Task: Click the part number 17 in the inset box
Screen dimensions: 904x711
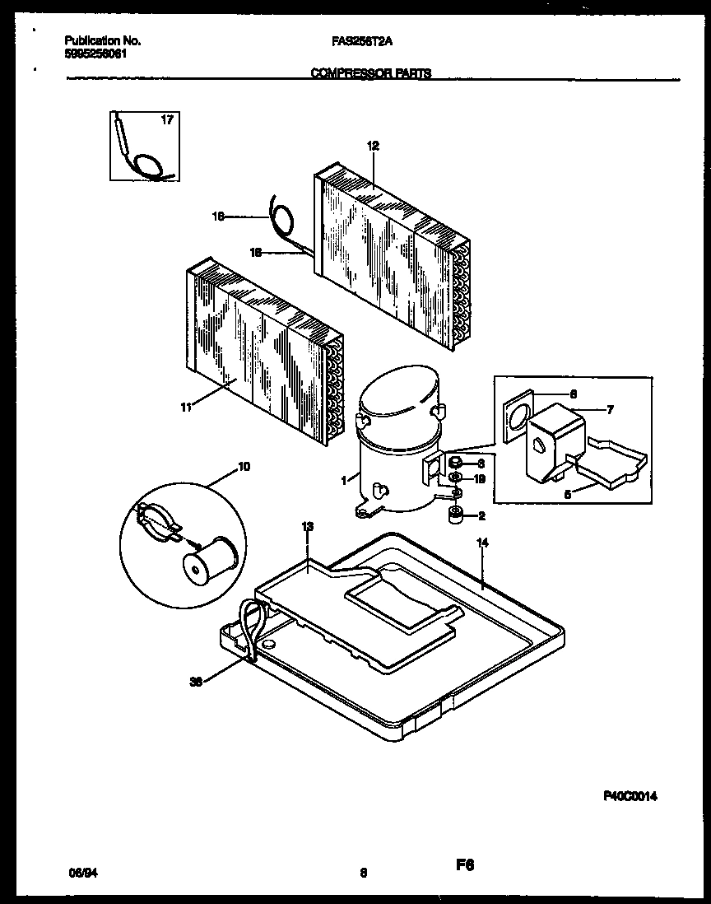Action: [x=167, y=121]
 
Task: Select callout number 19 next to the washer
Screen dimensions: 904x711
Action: [x=480, y=478]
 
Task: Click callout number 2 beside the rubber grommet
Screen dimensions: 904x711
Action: [x=481, y=516]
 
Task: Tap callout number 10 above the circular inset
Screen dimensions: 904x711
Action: [x=244, y=467]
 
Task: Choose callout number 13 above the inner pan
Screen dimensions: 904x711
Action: [x=307, y=525]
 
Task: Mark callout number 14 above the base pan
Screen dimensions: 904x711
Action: [x=482, y=543]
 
